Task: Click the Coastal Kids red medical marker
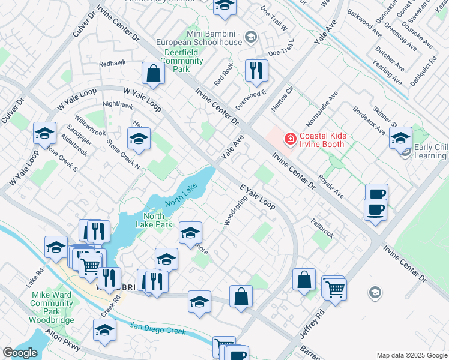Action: [x=291, y=139]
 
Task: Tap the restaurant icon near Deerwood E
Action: [x=256, y=70]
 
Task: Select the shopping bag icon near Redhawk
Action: [x=154, y=73]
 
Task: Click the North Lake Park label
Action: [x=158, y=220]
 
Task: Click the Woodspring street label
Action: [x=235, y=209]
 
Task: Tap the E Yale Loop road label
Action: [x=258, y=196]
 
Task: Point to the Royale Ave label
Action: [x=331, y=185]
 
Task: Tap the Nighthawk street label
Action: [x=118, y=104]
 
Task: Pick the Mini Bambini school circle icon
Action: [x=250, y=38]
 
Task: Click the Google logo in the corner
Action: [x=19, y=353]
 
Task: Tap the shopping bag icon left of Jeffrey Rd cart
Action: [x=304, y=279]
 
